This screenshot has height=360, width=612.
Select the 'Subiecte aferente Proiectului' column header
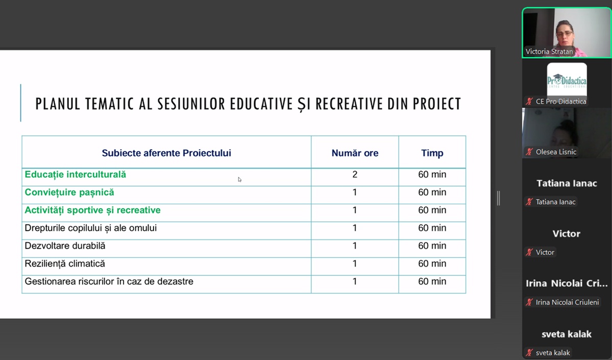[166, 153]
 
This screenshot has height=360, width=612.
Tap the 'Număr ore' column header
[355, 153]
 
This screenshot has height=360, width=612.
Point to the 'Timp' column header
[432, 153]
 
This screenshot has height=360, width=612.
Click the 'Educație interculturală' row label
[76, 175]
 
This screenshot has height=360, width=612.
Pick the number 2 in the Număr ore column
[355, 175]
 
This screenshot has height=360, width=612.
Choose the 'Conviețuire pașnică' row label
[69, 193]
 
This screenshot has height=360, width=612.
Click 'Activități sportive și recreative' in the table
[92, 210]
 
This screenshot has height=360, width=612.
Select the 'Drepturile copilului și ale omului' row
[91, 228]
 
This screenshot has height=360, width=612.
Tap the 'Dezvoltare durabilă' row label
[65, 246]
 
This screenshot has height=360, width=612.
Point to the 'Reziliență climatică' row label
[65, 264]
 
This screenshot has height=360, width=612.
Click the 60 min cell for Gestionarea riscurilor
[432, 282]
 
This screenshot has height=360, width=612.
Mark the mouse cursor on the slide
[239, 179]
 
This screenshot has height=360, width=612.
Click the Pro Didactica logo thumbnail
[567, 80]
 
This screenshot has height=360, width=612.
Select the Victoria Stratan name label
[549, 52]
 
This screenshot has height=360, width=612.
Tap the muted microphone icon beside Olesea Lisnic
[529, 152]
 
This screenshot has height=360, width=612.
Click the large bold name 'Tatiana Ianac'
[567, 183]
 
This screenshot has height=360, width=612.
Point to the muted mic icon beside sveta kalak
[529, 353]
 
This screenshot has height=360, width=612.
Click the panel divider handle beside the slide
[498, 198]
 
